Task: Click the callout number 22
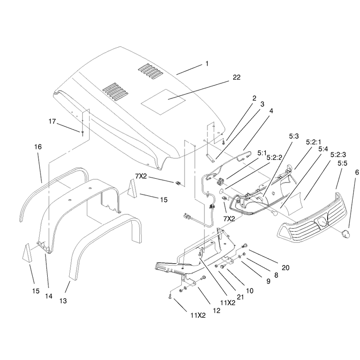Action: (237, 77)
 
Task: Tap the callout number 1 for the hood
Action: (207, 63)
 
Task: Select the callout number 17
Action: (52, 121)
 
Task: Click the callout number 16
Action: (38, 147)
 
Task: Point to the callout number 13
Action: (63, 301)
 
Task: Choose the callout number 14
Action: (49, 296)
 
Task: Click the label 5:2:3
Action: (338, 154)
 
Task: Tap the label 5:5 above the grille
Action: (342, 163)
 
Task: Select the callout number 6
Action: (357, 172)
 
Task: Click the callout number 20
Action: (285, 267)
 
